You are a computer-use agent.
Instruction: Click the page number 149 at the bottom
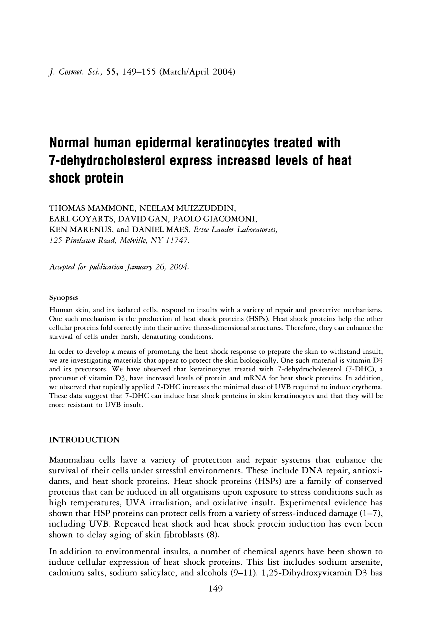pyautogui.click(x=215, y=589)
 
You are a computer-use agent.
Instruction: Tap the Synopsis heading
pyautogui.click(x=63, y=298)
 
